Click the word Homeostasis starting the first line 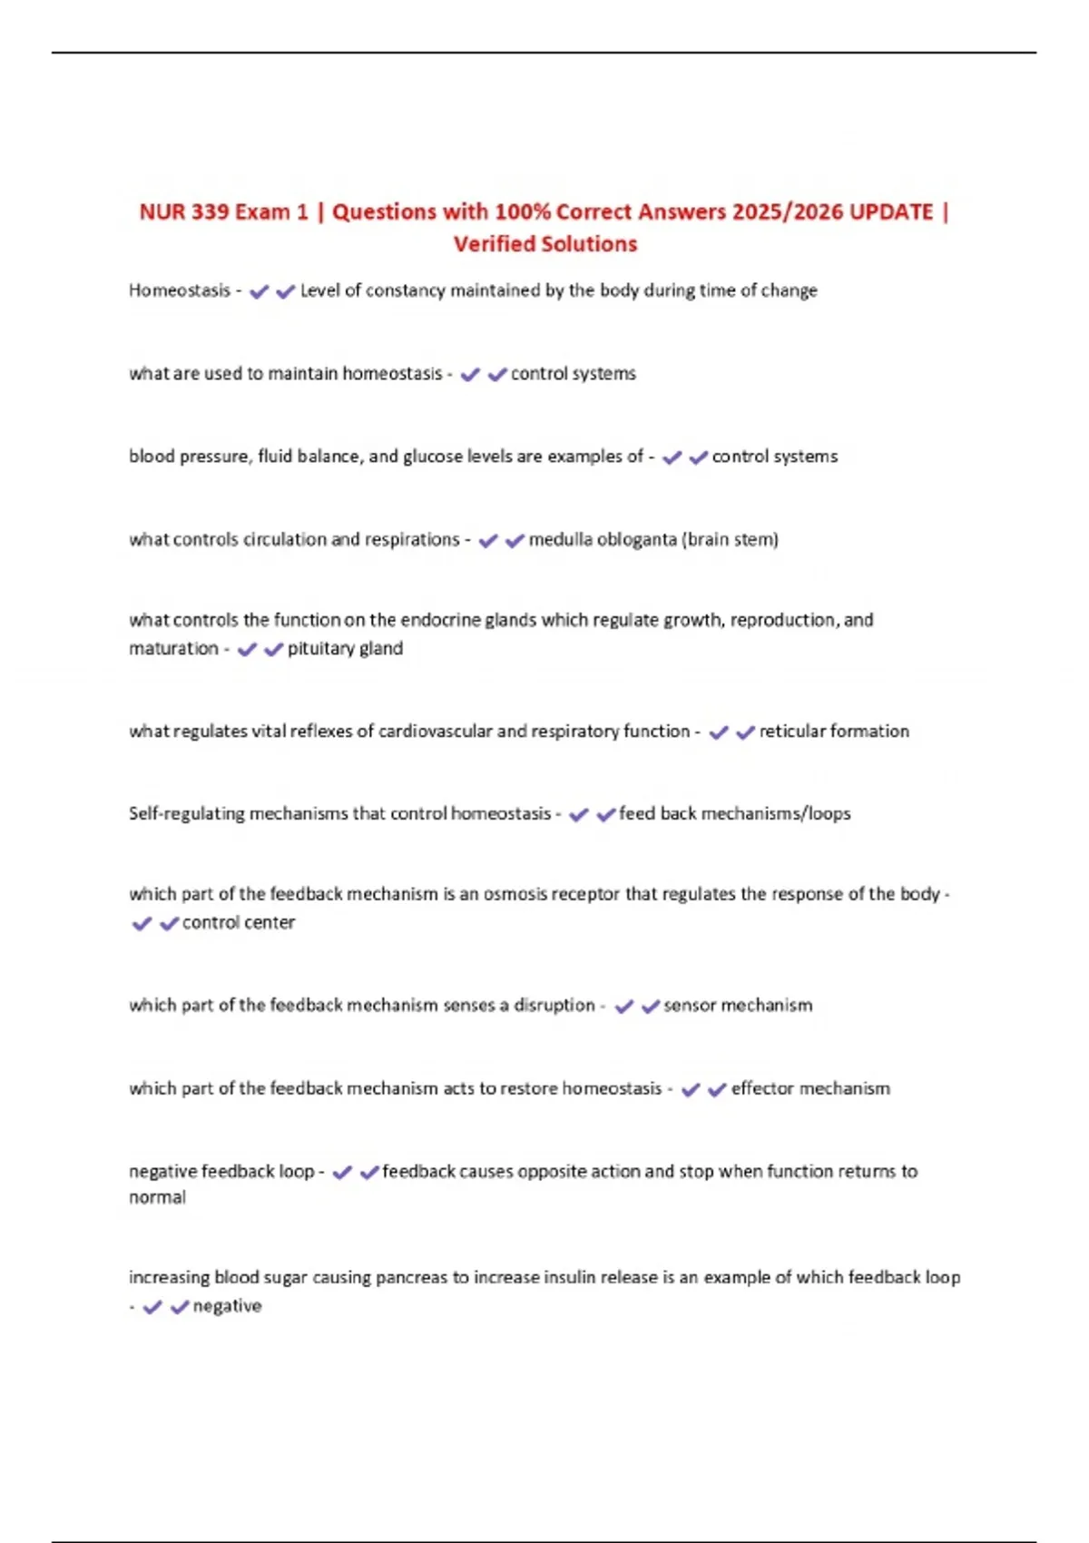pos(180,290)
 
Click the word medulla pos(560,540)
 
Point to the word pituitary pos(320,649)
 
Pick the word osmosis pos(515,895)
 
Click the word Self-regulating pos(187,814)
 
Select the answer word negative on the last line pos(227,1307)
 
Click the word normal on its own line pos(157,1198)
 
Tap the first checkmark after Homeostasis pos(259,292)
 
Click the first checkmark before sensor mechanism pos(623,1007)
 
